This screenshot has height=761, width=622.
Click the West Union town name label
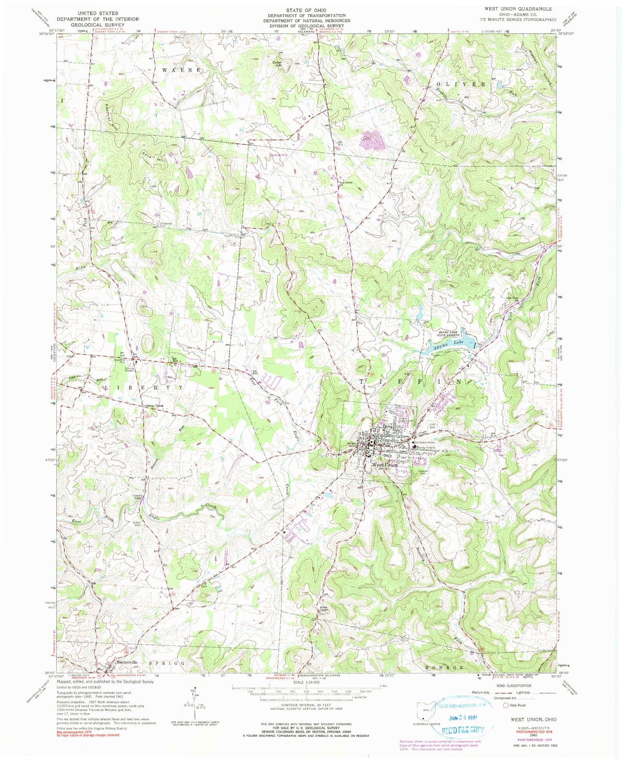pos(385,465)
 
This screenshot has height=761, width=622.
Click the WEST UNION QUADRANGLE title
pos(516,9)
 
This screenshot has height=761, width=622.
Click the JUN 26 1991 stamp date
pos(457,718)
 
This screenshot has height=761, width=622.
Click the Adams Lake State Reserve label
pos(449,333)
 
